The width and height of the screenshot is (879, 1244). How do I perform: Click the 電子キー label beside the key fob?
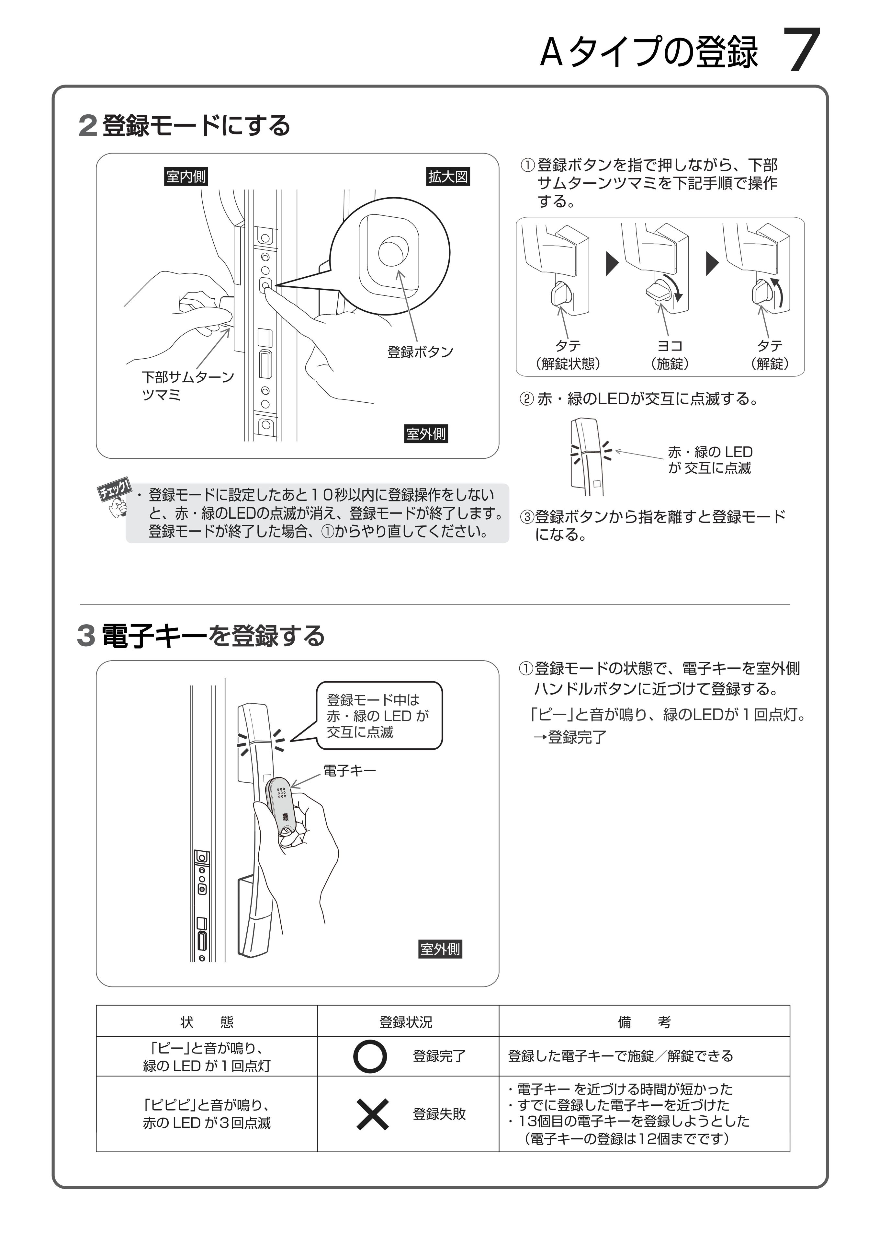(349, 770)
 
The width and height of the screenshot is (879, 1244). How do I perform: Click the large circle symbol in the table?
(370, 1056)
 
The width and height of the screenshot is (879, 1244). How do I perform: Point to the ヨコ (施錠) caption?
(670, 354)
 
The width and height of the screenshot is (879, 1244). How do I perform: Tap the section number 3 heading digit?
(86, 636)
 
